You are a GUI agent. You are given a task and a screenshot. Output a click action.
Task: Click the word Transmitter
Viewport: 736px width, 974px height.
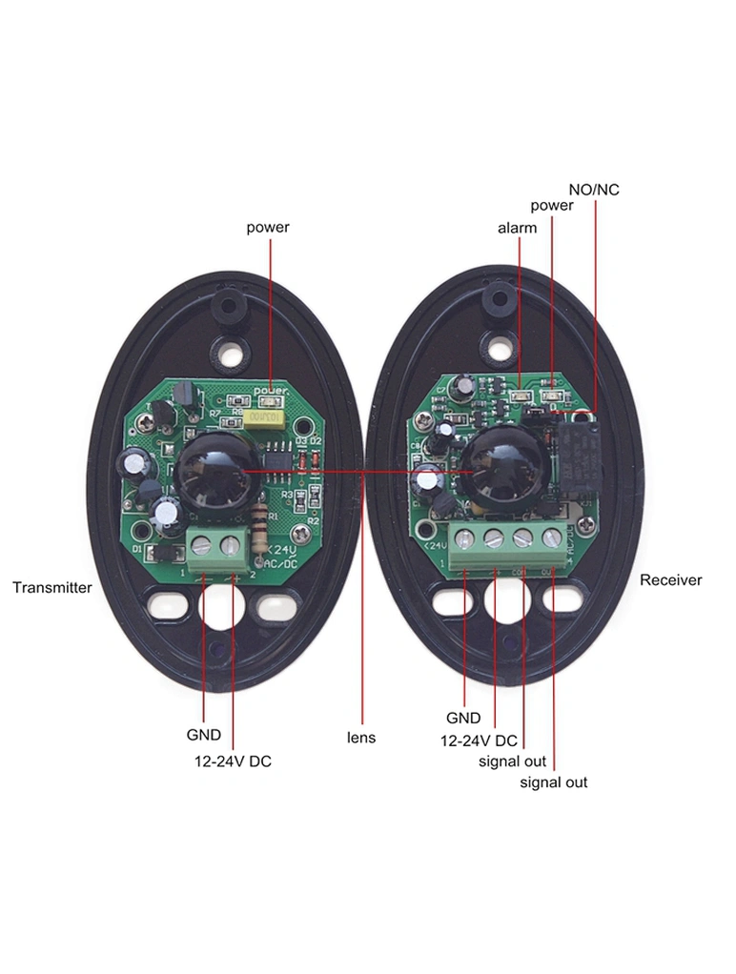(x=52, y=587)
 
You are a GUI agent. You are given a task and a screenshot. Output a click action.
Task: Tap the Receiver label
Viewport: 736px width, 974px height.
(x=670, y=579)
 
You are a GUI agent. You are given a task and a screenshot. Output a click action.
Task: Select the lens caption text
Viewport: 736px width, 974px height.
(x=361, y=738)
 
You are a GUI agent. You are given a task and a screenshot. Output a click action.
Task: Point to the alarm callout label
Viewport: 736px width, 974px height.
(x=517, y=228)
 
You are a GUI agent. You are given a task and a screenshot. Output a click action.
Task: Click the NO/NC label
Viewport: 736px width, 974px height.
(x=593, y=190)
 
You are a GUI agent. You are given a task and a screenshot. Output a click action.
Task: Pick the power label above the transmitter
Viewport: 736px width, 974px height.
(x=268, y=227)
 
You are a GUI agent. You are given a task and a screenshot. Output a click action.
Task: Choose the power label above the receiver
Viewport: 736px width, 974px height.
(x=552, y=205)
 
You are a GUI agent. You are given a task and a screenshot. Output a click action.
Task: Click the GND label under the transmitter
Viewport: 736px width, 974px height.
(x=204, y=735)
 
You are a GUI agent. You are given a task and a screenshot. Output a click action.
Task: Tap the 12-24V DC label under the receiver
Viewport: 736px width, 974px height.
(x=479, y=741)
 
